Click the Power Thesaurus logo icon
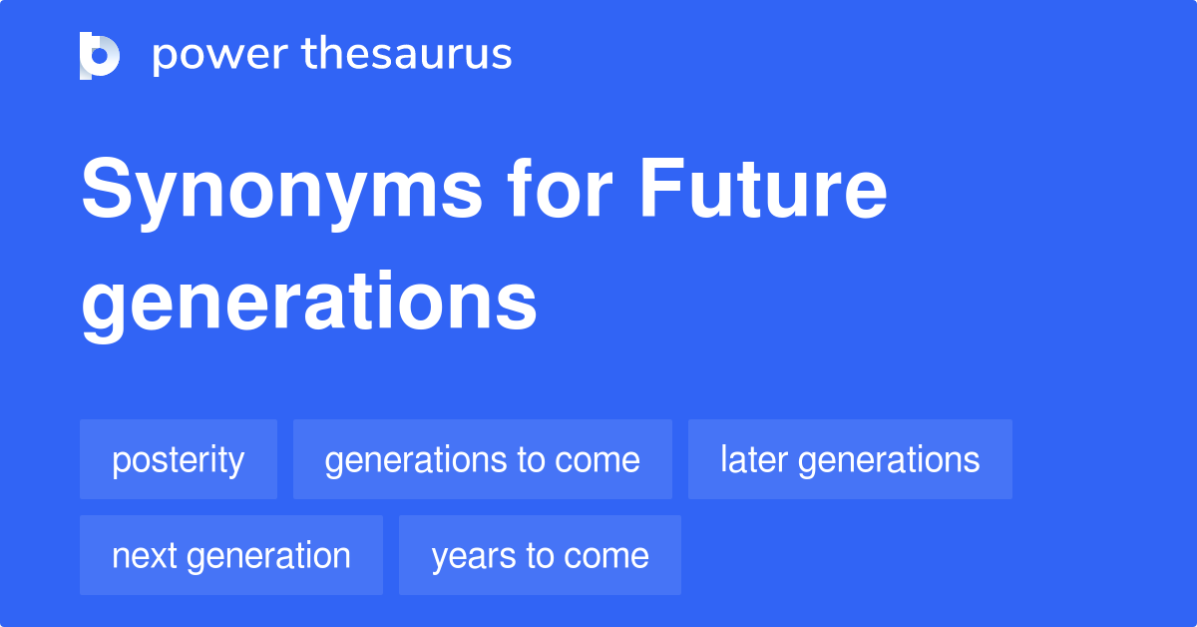[99, 55]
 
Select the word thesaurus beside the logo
[407, 55]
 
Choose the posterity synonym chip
[179, 459]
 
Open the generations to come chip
[482, 459]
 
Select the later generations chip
[850, 459]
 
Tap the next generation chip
[231, 555]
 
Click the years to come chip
[540, 555]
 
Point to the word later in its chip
[755, 459]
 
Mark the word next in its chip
[145, 555]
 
